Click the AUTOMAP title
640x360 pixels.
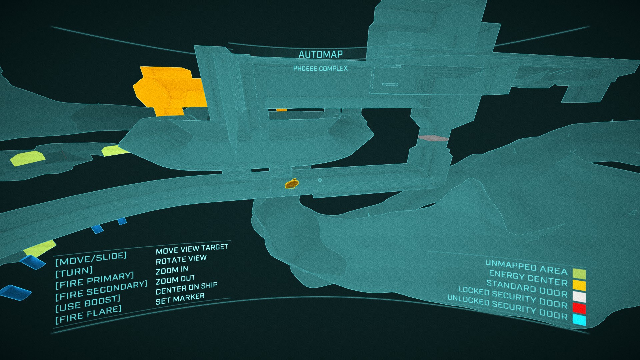click(x=320, y=54)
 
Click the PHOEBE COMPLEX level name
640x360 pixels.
click(x=320, y=69)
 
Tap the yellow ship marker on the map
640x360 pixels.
click(x=292, y=183)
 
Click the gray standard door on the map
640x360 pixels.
click(x=433, y=138)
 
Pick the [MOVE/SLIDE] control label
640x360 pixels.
click(x=91, y=259)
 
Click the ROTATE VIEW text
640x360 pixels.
click(x=181, y=260)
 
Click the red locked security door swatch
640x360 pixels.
click(x=579, y=308)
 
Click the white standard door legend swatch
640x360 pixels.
click(x=579, y=296)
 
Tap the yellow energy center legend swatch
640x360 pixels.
click(x=579, y=285)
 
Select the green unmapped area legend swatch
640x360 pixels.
click(x=579, y=274)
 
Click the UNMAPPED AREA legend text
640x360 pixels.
click(x=526, y=267)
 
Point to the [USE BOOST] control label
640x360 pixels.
click(x=88, y=303)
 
